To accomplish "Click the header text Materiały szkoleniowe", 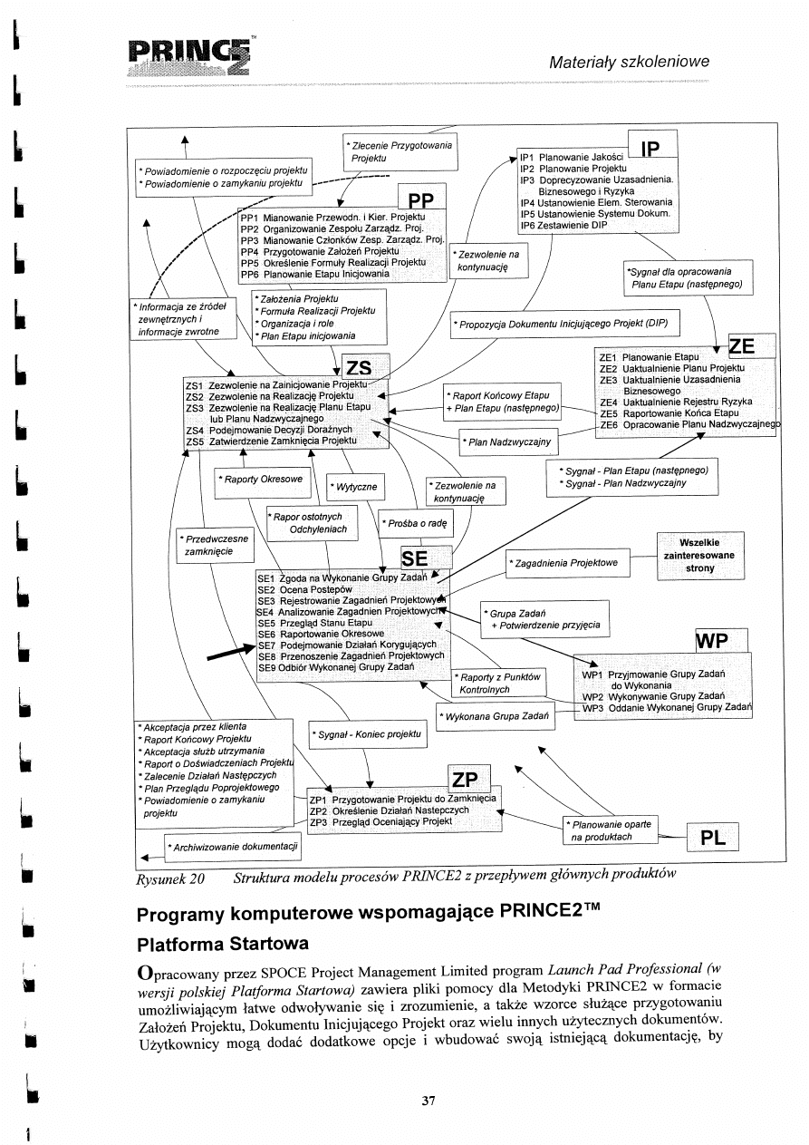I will (x=630, y=62).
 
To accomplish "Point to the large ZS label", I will (x=359, y=367).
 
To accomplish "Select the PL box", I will (x=713, y=838).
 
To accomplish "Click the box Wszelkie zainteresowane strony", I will (x=700, y=555).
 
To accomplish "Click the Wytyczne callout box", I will (x=355, y=487).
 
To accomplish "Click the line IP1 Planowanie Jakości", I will (x=572, y=157).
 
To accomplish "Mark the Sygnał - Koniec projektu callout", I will (x=367, y=733).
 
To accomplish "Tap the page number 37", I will (x=429, y=1101).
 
